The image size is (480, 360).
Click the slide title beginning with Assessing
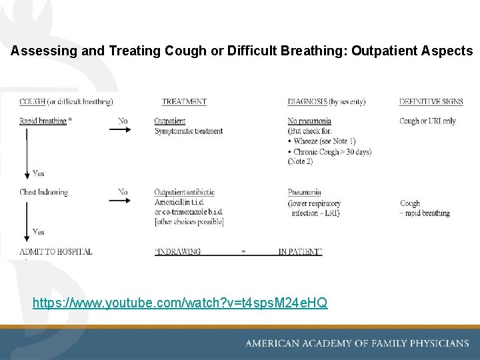coord(241,51)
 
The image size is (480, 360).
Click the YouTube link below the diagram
coord(180,303)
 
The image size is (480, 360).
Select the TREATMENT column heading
coord(184,102)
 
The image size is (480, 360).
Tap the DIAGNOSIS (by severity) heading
coord(327,102)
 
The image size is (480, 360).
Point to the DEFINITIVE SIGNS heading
coord(431,102)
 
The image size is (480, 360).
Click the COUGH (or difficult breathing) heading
coord(66,102)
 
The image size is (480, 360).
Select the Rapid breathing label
coord(43,121)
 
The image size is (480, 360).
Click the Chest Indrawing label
coord(44,193)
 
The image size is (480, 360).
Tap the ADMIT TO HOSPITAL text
coord(56,252)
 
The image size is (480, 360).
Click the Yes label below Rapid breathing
coord(39,174)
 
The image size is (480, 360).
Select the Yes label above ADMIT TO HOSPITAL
coord(39,233)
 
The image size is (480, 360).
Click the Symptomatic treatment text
coord(189,131)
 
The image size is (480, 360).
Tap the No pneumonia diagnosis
coord(309,121)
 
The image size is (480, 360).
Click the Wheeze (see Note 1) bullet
coord(324,141)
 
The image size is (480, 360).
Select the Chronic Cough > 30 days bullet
coord(331,151)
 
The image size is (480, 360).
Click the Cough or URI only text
coord(428,121)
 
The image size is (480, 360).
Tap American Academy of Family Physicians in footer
coord(357,343)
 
